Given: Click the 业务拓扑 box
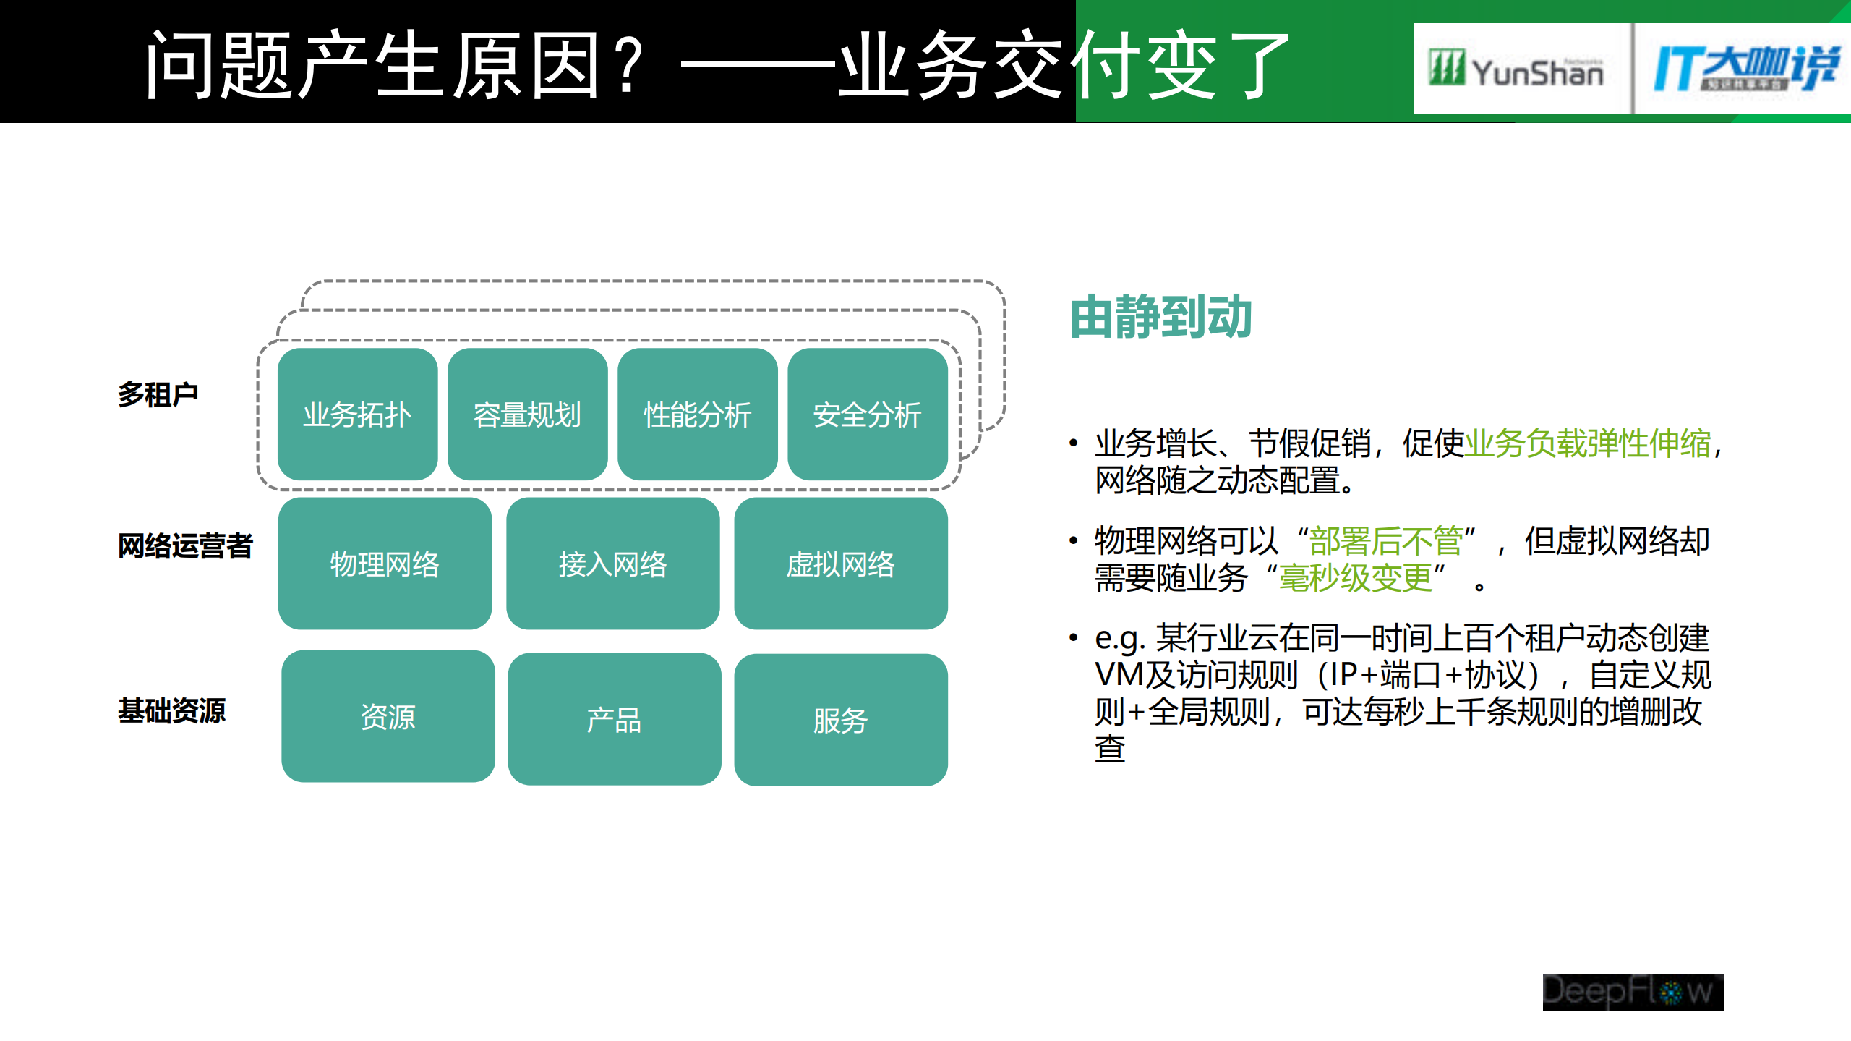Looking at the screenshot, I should pyautogui.click(x=357, y=415).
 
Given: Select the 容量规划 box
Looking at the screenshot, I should pyautogui.click(x=527, y=415).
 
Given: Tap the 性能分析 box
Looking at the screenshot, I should pyautogui.click(x=697, y=415).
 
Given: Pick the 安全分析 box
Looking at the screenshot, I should pyautogui.click(x=867, y=415).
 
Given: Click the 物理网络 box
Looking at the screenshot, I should pyautogui.click(x=385, y=564).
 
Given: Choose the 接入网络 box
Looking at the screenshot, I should pyautogui.click(x=612, y=564).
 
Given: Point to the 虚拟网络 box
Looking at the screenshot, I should pyautogui.click(x=840, y=564).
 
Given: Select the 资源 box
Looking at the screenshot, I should pyautogui.click(x=388, y=716).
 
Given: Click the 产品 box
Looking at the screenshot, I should pyautogui.click(x=614, y=719).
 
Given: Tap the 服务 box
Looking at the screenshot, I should pyautogui.click(x=840, y=720).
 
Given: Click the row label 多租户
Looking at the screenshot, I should pyautogui.click(x=158, y=395).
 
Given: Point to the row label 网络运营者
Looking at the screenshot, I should pyautogui.click(x=185, y=545).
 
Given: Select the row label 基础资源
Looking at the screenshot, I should pyautogui.click(x=172, y=710).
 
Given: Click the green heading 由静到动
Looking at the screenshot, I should pyautogui.click(x=1160, y=317).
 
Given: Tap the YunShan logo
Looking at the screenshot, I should pyautogui.click(x=1516, y=69).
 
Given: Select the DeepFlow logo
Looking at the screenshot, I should pyautogui.click(x=1633, y=992).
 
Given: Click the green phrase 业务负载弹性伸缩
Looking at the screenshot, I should pyautogui.click(x=1587, y=443).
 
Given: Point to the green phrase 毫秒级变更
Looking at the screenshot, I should pyautogui.click(x=1355, y=578).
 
